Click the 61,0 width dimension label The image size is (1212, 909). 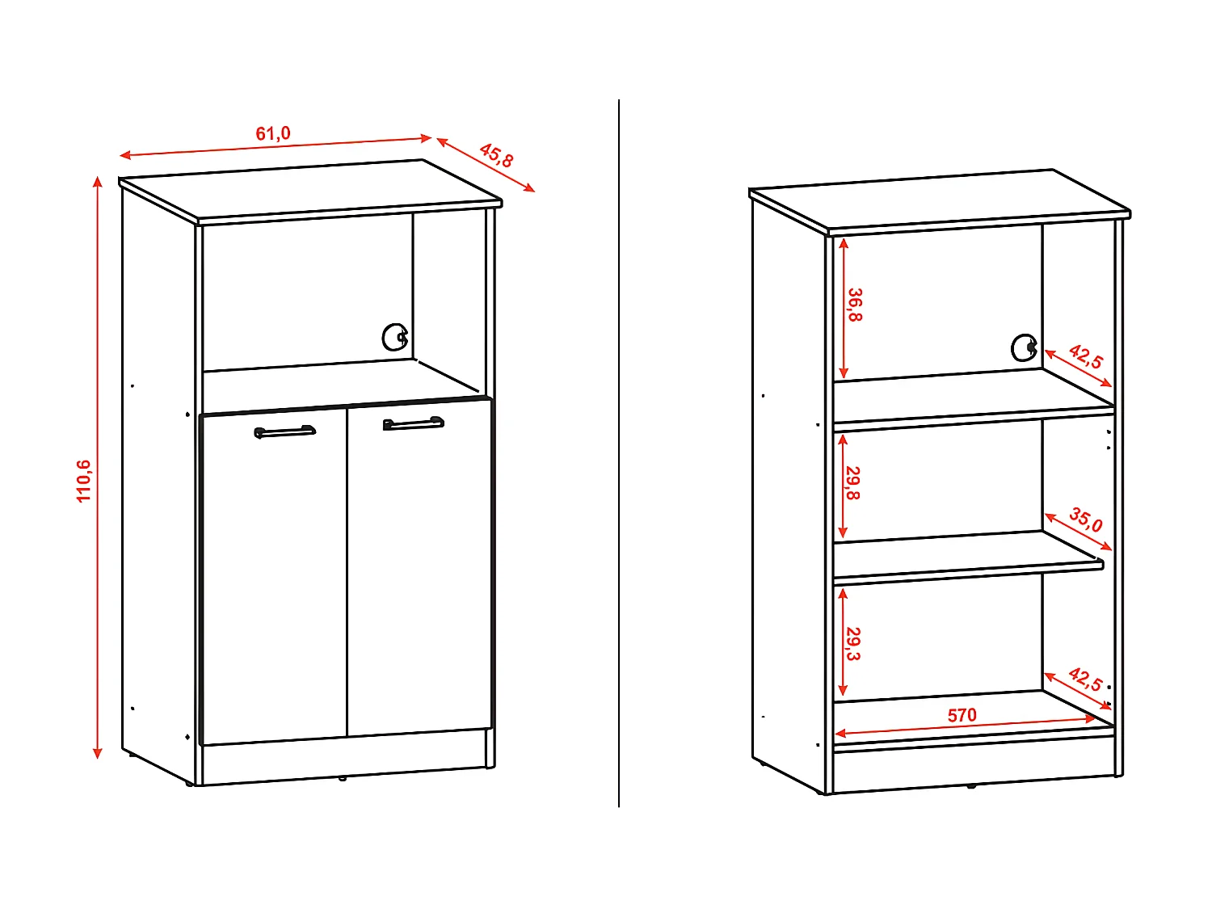point(273,133)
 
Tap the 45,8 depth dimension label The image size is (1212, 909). point(496,155)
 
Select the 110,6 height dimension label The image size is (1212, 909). point(84,481)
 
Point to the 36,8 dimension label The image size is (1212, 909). point(855,305)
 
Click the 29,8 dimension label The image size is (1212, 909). point(853,482)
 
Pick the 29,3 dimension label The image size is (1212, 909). point(853,644)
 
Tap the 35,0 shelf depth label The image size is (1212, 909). point(1086,520)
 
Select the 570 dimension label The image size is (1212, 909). point(962,715)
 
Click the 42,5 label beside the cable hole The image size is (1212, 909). point(1085,356)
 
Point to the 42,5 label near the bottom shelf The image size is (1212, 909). point(1085,679)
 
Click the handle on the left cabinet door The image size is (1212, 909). point(284,432)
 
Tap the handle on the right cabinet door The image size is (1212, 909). point(413,423)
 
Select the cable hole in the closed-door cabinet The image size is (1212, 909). point(394,337)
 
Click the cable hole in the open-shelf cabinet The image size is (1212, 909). point(1024,347)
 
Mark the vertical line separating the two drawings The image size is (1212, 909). point(619,452)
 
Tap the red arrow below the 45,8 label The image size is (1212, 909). point(486,165)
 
